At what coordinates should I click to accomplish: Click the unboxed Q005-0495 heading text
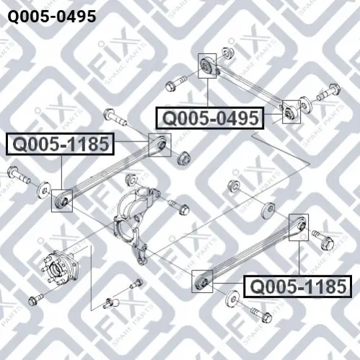coord(52,16)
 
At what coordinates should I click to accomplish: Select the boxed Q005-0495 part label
coord(210,118)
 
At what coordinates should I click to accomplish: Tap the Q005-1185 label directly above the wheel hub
coord(61,144)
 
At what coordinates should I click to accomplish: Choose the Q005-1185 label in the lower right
coord(298,286)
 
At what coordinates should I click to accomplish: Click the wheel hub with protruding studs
coord(62,268)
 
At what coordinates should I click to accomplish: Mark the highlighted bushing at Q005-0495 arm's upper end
coord(207,66)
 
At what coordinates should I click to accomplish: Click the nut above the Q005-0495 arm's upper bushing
coord(226,53)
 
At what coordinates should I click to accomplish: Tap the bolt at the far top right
coord(328,92)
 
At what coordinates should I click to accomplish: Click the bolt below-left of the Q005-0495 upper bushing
coord(175,83)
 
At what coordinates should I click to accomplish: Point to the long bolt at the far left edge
coord(19,175)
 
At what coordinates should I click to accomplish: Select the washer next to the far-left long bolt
coord(44,190)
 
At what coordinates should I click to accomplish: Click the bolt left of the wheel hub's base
coord(35,298)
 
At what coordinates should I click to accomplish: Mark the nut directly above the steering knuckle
coord(131,179)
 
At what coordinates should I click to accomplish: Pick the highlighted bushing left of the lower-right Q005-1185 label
coord(202,281)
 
